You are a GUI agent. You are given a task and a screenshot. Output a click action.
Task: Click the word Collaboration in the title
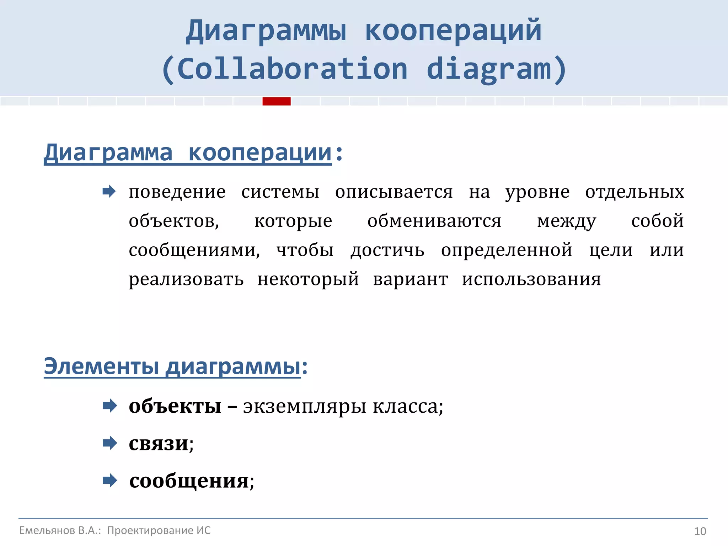click(x=292, y=69)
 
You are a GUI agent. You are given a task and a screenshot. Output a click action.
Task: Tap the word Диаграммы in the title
click(x=266, y=31)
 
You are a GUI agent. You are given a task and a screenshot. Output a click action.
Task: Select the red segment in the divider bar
click(x=277, y=101)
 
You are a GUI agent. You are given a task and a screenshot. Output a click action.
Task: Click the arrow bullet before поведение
click(x=109, y=192)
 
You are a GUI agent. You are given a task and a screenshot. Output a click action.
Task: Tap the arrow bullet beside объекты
click(x=109, y=406)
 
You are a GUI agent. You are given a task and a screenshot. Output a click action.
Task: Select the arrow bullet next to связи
click(x=109, y=443)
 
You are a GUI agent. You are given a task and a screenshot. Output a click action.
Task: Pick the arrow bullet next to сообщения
click(x=109, y=481)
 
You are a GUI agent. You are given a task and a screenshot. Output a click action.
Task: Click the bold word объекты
click(x=175, y=406)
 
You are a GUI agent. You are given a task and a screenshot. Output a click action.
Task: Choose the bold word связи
click(x=159, y=444)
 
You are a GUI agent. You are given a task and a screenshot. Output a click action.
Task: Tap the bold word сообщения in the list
click(x=189, y=481)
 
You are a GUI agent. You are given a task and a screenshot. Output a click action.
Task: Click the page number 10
click(x=700, y=531)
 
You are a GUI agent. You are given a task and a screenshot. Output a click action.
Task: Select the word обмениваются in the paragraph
click(x=434, y=221)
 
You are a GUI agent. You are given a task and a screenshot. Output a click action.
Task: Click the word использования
click(x=531, y=279)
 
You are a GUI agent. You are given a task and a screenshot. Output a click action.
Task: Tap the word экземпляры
click(x=304, y=406)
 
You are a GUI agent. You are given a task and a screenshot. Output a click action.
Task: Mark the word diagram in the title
click(x=489, y=69)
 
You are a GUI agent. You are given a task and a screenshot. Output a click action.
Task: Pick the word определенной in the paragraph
click(x=507, y=250)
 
